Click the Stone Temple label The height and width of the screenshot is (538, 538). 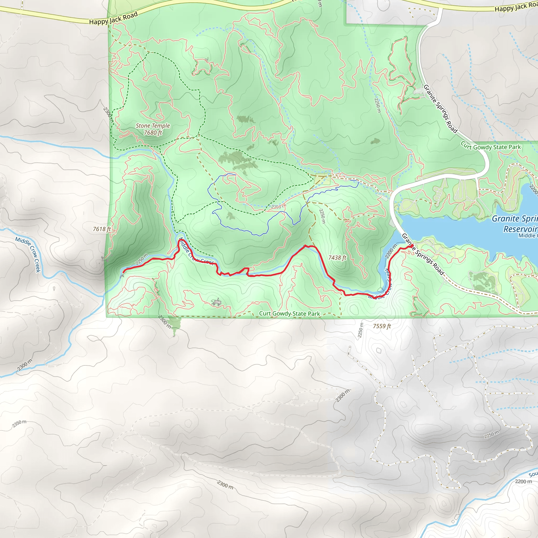point(153,126)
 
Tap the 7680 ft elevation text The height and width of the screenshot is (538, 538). point(153,133)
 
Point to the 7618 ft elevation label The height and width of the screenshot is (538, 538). point(102,229)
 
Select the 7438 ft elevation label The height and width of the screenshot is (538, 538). point(337,258)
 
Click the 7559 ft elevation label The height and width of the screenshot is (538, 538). point(382,326)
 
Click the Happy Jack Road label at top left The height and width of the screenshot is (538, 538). point(113,18)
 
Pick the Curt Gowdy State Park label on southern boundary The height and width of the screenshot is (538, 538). point(289,314)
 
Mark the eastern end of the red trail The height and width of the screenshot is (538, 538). point(412,246)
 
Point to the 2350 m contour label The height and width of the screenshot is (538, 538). point(19,423)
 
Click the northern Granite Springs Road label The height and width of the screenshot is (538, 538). point(440,109)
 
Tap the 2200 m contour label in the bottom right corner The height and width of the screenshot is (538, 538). point(523,482)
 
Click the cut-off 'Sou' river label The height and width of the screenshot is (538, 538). point(533,474)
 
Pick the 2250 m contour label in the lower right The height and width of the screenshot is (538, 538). point(492,434)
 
